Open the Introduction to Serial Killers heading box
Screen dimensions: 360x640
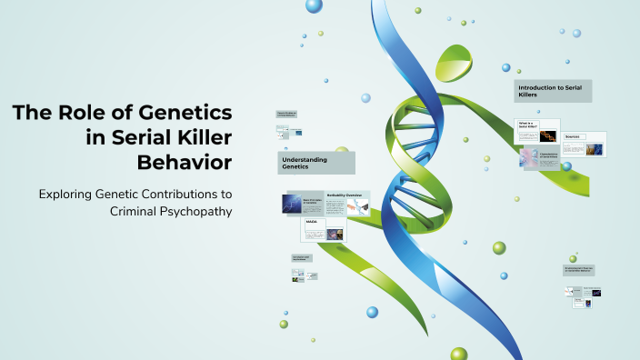(x=553, y=91)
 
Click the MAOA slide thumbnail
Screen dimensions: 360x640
(x=324, y=231)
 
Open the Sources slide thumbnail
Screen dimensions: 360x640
(x=585, y=144)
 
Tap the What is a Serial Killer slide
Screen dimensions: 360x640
(x=536, y=130)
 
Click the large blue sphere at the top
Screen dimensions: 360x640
(x=314, y=6)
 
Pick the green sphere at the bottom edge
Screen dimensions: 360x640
(x=458, y=354)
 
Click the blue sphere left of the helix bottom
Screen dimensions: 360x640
(x=372, y=312)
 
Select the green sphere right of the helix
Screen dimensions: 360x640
(x=499, y=247)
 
